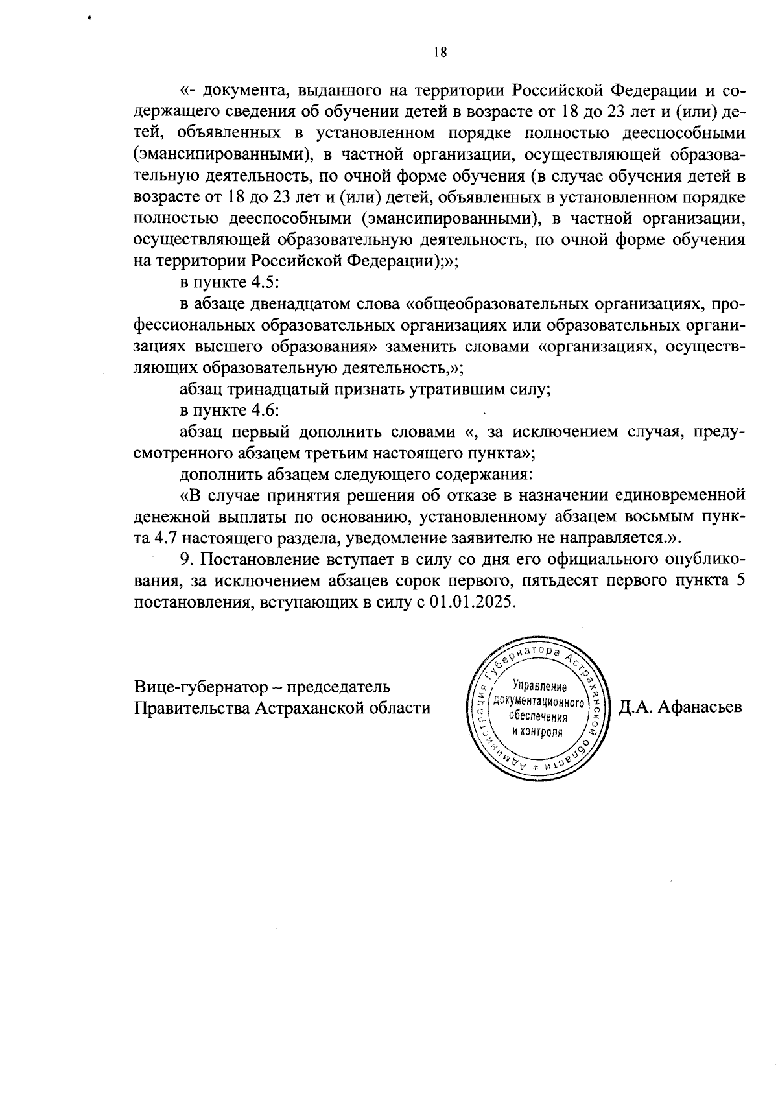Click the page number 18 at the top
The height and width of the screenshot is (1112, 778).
click(440, 53)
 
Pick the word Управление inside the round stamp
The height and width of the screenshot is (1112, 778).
click(539, 687)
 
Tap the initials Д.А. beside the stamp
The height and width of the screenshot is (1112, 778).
click(636, 707)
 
